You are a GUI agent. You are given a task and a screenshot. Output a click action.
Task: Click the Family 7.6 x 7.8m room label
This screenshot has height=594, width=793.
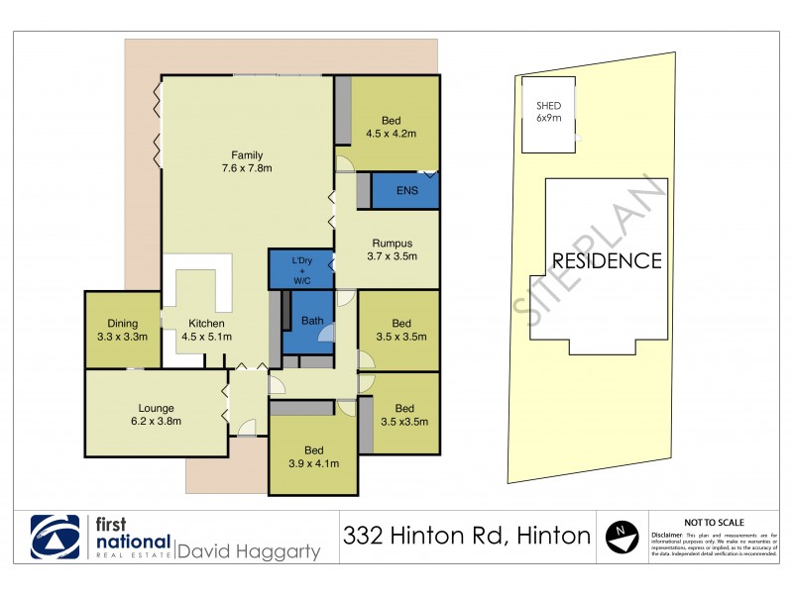click(x=247, y=161)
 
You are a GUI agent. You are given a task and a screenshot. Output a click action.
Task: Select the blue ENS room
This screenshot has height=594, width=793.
click(x=405, y=190)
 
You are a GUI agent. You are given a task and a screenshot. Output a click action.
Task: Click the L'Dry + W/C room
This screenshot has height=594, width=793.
click(x=301, y=268)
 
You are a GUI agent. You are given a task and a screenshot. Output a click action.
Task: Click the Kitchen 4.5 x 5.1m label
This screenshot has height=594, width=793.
click(x=206, y=330)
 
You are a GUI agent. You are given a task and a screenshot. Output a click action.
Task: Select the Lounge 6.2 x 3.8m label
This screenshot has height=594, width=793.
click(x=156, y=414)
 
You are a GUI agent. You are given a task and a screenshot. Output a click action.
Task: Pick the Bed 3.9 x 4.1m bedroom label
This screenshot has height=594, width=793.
click(x=314, y=456)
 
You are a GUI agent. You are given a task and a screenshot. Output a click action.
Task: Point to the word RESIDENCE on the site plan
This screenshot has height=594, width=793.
click(x=606, y=261)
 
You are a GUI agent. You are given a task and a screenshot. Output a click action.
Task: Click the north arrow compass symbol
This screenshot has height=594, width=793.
click(x=622, y=536)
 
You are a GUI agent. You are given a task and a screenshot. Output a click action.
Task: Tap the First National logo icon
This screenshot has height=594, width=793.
click(x=57, y=538)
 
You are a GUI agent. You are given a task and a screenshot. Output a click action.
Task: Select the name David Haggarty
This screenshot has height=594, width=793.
click(x=248, y=550)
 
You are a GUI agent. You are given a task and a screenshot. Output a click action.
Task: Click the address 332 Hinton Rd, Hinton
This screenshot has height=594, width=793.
click(x=466, y=537)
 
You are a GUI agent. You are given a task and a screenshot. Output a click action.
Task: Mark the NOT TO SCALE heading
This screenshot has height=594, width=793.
click(x=715, y=522)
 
